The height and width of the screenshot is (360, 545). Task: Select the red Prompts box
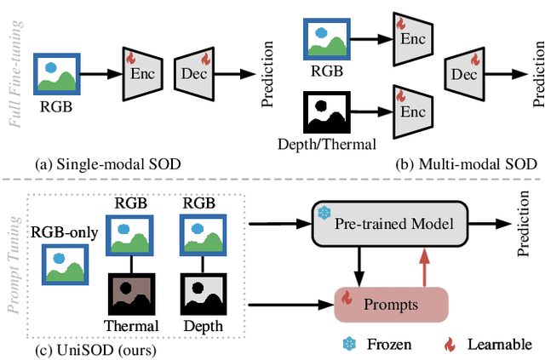390,303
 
